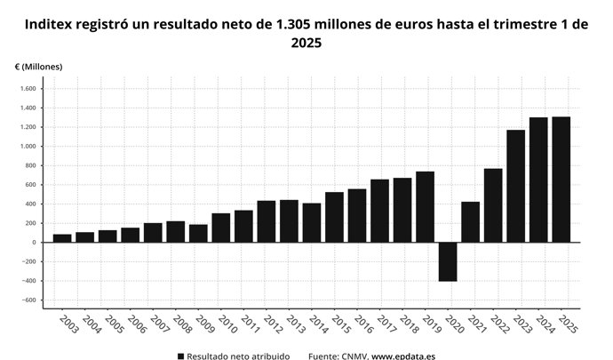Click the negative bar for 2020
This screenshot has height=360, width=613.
click(448, 261)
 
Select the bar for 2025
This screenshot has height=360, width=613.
click(561, 180)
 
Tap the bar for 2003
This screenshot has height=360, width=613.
click(62, 238)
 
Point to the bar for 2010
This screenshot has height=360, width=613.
click(221, 228)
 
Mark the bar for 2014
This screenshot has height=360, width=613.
click(312, 222)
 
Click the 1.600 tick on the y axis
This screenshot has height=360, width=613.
click(28, 89)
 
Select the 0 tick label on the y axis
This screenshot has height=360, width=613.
click(33, 243)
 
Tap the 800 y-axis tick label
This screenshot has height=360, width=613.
click(29, 165)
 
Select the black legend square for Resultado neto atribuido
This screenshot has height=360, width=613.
click(181, 356)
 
